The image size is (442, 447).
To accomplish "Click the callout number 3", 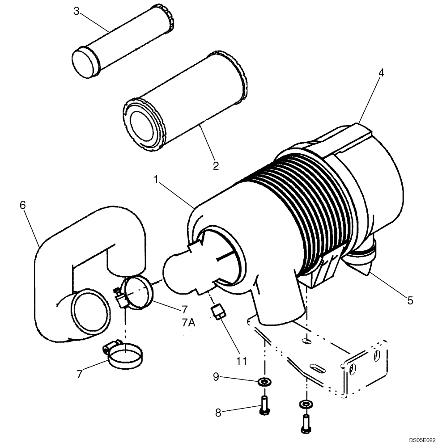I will coord(76,11).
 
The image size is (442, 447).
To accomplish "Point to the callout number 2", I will coord(216,166).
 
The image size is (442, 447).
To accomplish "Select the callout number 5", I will coord(410,301).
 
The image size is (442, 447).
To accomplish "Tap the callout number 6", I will coord(23,205).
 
